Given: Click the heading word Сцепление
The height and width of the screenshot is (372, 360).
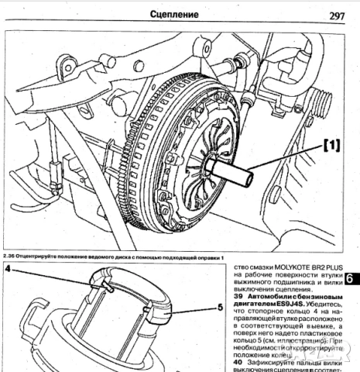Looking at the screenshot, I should pos(180,14).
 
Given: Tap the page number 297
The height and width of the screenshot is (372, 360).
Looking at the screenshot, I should pos(337,15).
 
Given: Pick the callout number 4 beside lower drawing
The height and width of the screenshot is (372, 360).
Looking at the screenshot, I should pos(7,270).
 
